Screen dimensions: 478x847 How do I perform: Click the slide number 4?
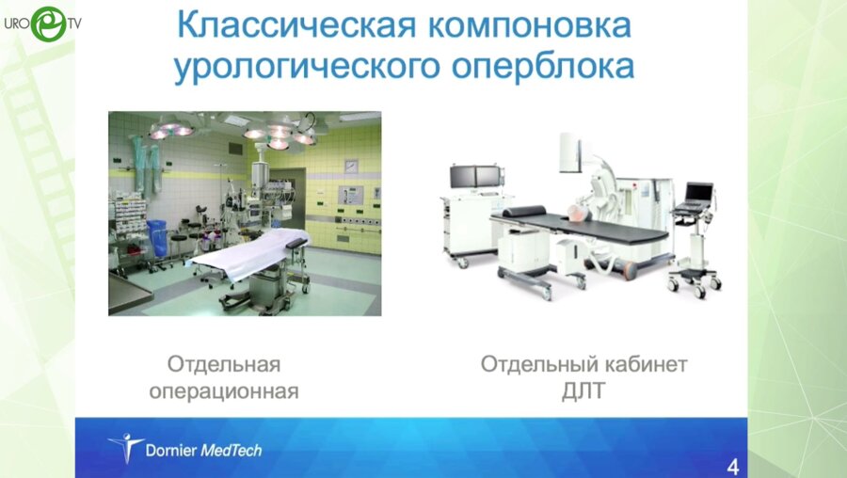pos(733,466)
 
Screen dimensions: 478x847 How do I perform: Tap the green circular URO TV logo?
pos(48,24)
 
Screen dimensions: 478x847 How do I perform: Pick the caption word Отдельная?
pos(224,364)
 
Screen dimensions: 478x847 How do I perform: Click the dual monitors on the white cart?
pos(477,175)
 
